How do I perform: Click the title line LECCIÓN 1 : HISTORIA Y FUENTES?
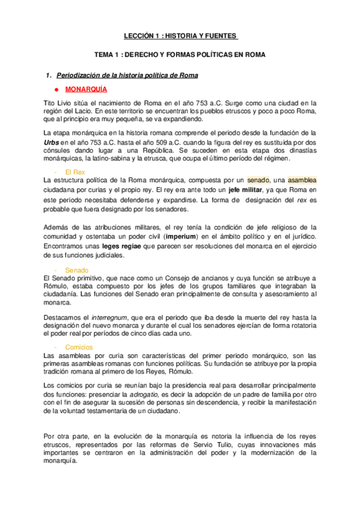(x=180, y=35)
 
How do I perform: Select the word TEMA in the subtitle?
(x=113, y=55)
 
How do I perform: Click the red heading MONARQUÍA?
(x=86, y=89)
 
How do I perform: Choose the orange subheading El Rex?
(x=75, y=172)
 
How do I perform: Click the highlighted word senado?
(x=258, y=180)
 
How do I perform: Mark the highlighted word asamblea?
(x=302, y=180)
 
